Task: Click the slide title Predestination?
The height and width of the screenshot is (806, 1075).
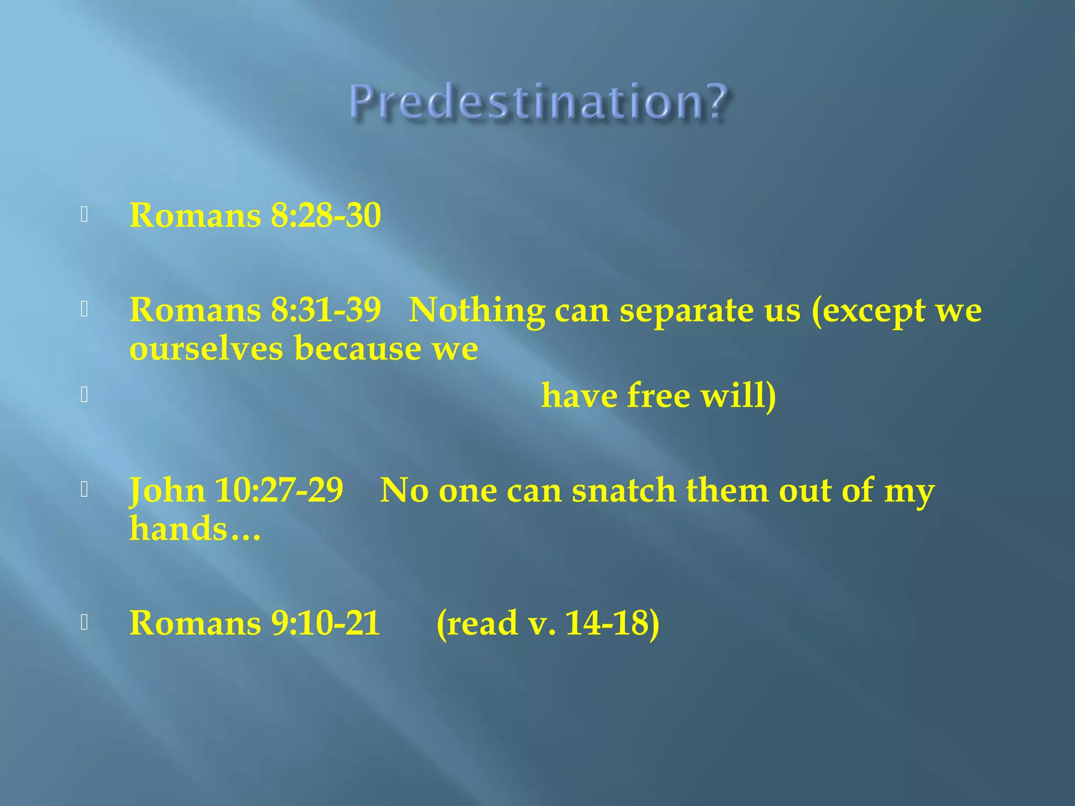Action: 539,102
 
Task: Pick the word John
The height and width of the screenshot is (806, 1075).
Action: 167,491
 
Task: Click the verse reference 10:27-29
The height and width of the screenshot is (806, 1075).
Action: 279,491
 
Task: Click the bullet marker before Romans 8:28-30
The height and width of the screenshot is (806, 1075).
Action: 84,215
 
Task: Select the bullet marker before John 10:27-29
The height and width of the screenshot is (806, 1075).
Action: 84,490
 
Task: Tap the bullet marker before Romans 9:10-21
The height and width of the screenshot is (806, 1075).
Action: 84,622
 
